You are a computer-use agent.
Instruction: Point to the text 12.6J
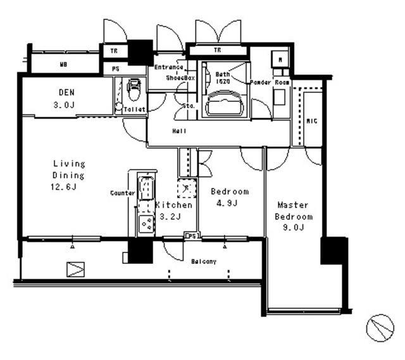(65, 186)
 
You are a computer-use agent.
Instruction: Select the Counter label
(121, 192)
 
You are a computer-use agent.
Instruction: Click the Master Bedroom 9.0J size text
(292, 228)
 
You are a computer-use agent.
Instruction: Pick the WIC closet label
(311, 120)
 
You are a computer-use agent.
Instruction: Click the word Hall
(179, 132)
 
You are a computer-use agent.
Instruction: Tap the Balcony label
(204, 261)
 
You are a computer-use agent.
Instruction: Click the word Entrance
(169, 67)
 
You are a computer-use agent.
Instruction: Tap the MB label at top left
(64, 65)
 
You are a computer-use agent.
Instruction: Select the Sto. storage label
(189, 106)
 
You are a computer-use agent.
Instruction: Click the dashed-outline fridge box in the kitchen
(187, 188)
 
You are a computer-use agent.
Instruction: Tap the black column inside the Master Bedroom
(333, 251)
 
